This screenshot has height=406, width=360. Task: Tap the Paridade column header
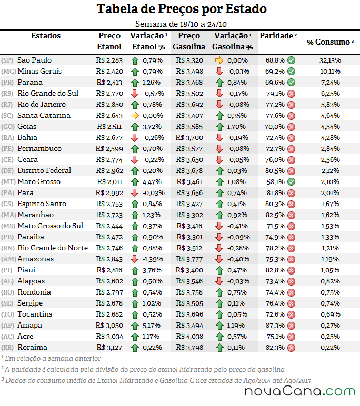(278, 35)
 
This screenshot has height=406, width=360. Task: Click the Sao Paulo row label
(34, 60)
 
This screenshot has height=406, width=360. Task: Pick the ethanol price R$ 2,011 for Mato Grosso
(109, 182)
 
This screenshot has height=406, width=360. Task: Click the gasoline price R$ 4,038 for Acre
(189, 337)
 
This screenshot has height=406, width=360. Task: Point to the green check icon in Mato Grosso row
(292, 182)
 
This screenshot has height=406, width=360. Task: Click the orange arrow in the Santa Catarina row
(135, 116)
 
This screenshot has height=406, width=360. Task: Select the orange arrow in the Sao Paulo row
(219, 60)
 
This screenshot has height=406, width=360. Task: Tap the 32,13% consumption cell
(330, 60)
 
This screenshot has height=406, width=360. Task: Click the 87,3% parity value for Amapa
(275, 326)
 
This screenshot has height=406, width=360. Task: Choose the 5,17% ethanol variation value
(152, 326)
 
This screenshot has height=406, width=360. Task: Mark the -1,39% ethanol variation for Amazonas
(153, 259)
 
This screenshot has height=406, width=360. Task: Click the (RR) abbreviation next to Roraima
(7, 348)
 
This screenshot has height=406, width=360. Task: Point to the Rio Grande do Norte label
(53, 248)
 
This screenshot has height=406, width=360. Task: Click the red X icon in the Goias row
(292, 127)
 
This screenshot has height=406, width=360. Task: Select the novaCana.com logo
(300, 391)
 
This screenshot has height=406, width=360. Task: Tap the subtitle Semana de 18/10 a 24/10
(181, 24)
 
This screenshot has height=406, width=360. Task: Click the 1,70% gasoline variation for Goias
(237, 127)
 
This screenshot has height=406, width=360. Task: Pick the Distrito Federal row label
(44, 170)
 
